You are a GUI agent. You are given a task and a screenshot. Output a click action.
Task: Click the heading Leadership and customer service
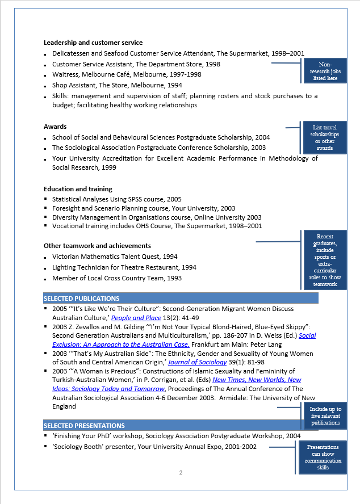point(93,43)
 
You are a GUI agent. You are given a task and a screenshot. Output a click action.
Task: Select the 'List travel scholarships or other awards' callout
point(325,138)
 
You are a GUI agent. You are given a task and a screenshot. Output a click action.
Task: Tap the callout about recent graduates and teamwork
point(325,260)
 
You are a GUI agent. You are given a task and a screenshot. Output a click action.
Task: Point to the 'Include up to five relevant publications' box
point(325,416)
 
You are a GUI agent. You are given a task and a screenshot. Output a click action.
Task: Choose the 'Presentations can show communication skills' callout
point(323,457)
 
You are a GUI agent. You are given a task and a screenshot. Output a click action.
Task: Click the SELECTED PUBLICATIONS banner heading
point(82,299)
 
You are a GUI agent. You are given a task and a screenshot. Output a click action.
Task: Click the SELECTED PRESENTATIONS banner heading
point(84,426)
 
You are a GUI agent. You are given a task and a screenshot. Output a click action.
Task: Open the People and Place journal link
point(136,318)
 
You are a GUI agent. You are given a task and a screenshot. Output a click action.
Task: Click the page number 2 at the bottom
point(181,473)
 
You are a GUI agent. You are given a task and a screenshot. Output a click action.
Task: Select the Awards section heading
point(55,127)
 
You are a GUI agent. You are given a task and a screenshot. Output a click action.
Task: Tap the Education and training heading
point(78,189)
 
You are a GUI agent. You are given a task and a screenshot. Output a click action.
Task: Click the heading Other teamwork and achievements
point(97,246)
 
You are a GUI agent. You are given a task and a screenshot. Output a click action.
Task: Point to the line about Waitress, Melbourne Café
point(127,74)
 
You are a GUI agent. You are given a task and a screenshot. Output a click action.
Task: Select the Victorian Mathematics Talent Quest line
point(115,257)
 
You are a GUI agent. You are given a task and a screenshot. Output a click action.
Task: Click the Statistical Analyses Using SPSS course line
point(117,199)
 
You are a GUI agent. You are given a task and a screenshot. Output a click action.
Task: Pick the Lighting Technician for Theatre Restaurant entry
point(124,267)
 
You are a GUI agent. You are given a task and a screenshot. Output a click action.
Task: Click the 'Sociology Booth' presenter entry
point(154,447)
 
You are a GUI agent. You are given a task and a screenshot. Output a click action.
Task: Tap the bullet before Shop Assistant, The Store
point(45,86)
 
